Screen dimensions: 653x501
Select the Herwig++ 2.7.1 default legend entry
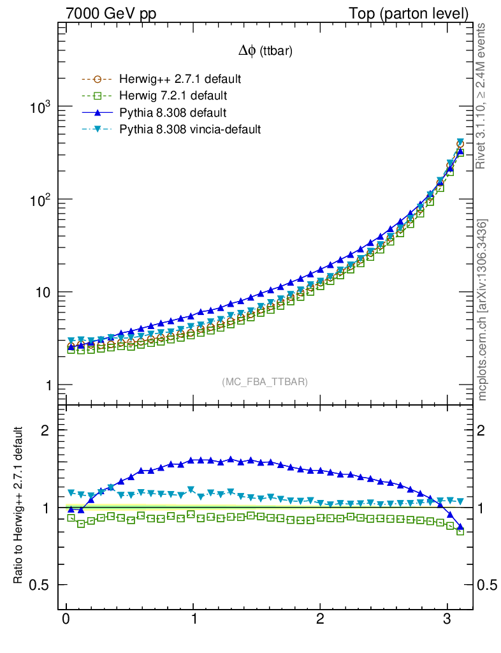pyautogui.click(x=179, y=80)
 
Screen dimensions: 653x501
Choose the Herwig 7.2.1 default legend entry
pyautogui.click(x=173, y=96)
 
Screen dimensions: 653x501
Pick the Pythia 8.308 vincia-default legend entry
pyautogui.click(x=189, y=129)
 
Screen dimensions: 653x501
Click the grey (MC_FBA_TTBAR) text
pyautogui.click(x=265, y=382)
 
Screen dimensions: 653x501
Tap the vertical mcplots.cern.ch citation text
pyautogui.click(x=483, y=310)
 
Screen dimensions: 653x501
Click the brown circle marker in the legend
pyautogui.click(x=97, y=80)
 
